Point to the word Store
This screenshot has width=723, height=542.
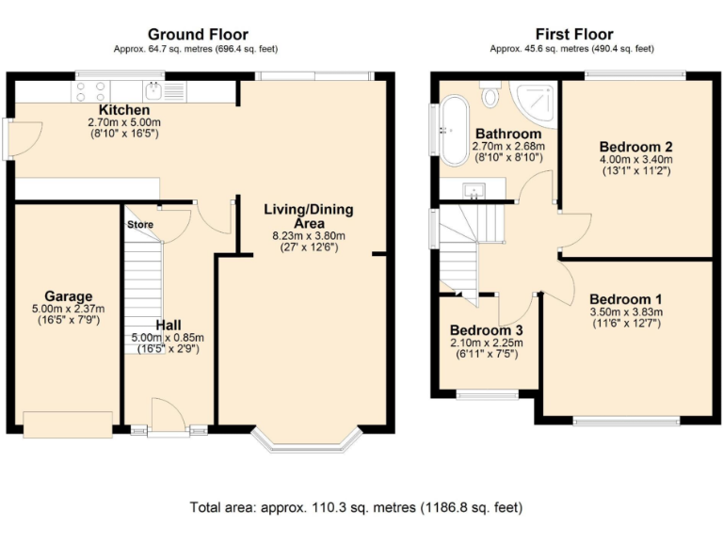point(140,225)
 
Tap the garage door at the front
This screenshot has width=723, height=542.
point(69,425)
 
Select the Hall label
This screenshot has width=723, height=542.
point(170,325)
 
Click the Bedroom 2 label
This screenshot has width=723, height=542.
point(635,147)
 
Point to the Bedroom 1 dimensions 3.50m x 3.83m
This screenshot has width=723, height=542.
point(625,312)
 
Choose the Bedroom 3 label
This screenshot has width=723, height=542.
point(486,331)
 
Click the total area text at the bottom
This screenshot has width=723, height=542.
point(355,508)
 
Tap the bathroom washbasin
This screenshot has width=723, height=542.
point(474,192)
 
